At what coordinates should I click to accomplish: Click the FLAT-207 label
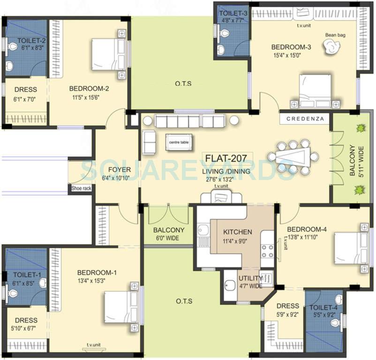228,157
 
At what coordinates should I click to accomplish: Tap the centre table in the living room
178,142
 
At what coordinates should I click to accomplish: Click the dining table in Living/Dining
293,157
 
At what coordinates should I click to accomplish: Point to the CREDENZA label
305,119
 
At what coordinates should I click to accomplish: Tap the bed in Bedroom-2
109,54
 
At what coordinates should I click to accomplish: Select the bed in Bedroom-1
121,307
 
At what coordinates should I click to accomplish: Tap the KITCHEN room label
237,232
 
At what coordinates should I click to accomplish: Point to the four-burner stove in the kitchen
267,251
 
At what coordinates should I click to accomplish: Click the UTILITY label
251,278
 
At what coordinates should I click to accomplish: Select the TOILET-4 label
323,307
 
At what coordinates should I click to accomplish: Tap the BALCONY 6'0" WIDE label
169,234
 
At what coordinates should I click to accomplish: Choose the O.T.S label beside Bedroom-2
183,84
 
